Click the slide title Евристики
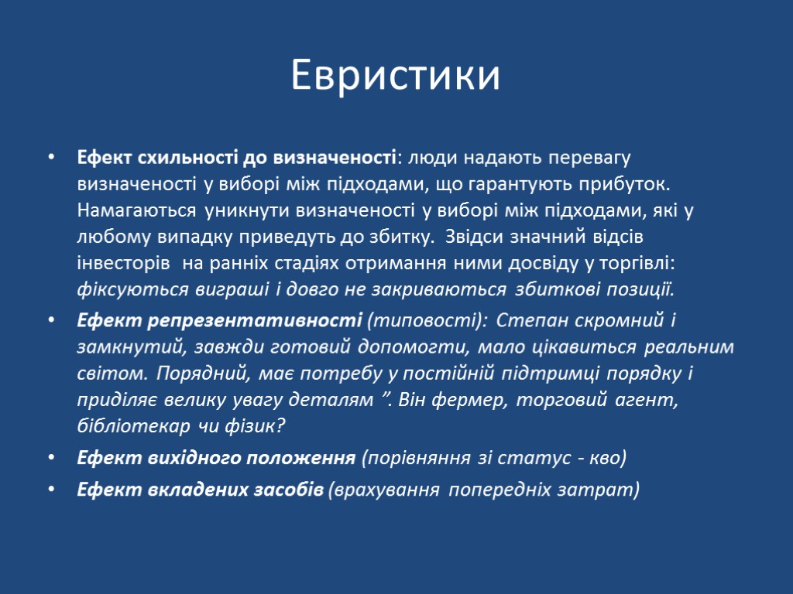pos(396,76)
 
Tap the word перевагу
pos(592,159)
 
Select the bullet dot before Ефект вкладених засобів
pos(51,490)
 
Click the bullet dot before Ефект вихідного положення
pos(51,458)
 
